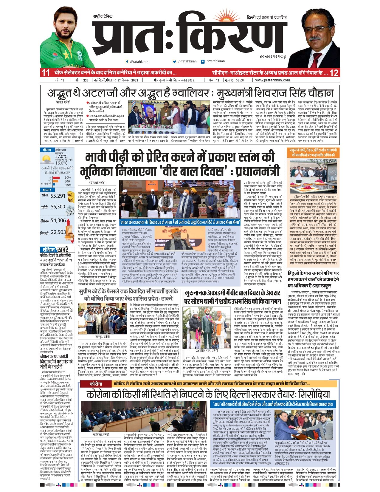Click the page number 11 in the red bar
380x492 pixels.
[45, 73]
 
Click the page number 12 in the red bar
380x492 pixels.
[334, 73]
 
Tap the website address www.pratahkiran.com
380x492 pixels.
[272, 80]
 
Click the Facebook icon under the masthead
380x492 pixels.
[127, 61]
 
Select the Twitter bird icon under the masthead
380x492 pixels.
[174, 61]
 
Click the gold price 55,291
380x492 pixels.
[58, 196]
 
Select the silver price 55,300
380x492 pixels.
[58, 207]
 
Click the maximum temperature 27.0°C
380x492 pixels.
[61, 156]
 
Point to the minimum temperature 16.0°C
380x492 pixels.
[61, 163]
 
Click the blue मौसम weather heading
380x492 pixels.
[47, 150]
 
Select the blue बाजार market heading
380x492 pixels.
[47, 190]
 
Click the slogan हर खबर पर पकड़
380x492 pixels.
[272, 56]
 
